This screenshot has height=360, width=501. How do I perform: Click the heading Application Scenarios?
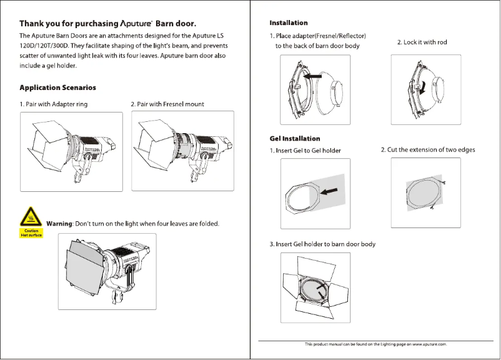[x=57, y=87]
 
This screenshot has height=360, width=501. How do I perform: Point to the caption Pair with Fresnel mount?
[x=167, y=104]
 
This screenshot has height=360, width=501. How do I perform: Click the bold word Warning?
[x=61, y=224]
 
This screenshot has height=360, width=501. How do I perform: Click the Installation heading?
[x=288, y=23]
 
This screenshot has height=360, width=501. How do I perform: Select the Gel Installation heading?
[x=294, y=138]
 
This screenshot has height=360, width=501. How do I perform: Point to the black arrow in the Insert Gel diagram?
[x=332, y=188]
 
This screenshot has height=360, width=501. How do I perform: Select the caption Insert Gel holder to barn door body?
[x=322, y=244]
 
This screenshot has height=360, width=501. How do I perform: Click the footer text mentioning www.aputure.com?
[x=375, y=344]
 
